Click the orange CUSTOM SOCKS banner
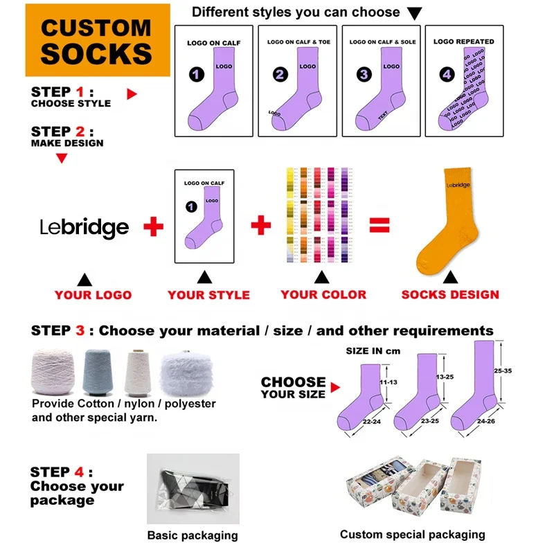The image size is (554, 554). (98, 40)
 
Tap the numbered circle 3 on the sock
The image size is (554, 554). (364, 74)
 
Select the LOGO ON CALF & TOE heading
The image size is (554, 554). (299, 42)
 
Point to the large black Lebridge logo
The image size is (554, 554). (84, 228)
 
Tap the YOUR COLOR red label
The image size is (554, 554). (323, 294)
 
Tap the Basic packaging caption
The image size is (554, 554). (192, 535)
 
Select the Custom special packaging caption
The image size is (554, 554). (412, 534)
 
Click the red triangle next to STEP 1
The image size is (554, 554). (132, 93)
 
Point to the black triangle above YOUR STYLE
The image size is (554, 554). (204, 278)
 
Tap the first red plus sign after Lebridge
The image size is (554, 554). (153, 226)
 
